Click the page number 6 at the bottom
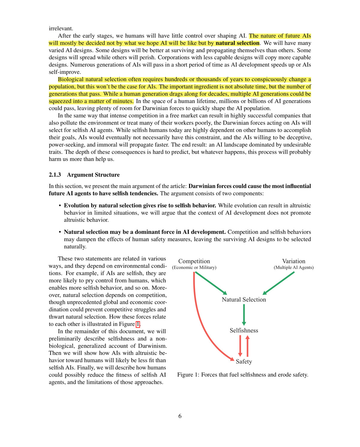pyautogui.click(x=180, y=416)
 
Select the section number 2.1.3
pyautogui.click(x=55, y=175)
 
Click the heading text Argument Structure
pyautogui.click(x=93, y=175)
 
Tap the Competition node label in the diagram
pyautogui.click(x=194, y=261)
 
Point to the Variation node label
pyautogui.click(x=294, y=261)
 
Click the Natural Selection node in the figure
pyautogui.click(x=244, y=300)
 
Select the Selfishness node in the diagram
pyautogui.click(x=244, y=331)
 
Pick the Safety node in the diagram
pyautogui.click(x=244, y=361)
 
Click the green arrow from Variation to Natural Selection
pyautogui.click(x=279, y=283)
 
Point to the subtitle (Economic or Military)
pyautogui.click(x=194, y=267)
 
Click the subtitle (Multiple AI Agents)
pyautogui.click(x=294, y=267)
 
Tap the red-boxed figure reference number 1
pyautogui.click(x=138, y=324)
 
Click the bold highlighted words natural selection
pyautogui.click(x=237, y=43)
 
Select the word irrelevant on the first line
pyautogui.click(x=61, y=29)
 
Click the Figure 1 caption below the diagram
pyautogui.click(x=243, y=375)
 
